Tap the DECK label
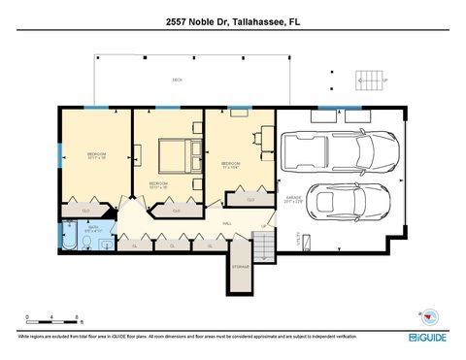tap(178, 80)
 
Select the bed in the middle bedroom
tap(171, 155)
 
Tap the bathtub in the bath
tap(71, 236)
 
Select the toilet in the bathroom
tap(104, 236)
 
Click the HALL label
tap(226, 224)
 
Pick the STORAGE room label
tap(240, 265)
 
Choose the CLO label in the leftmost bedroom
tap(85, 210)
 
